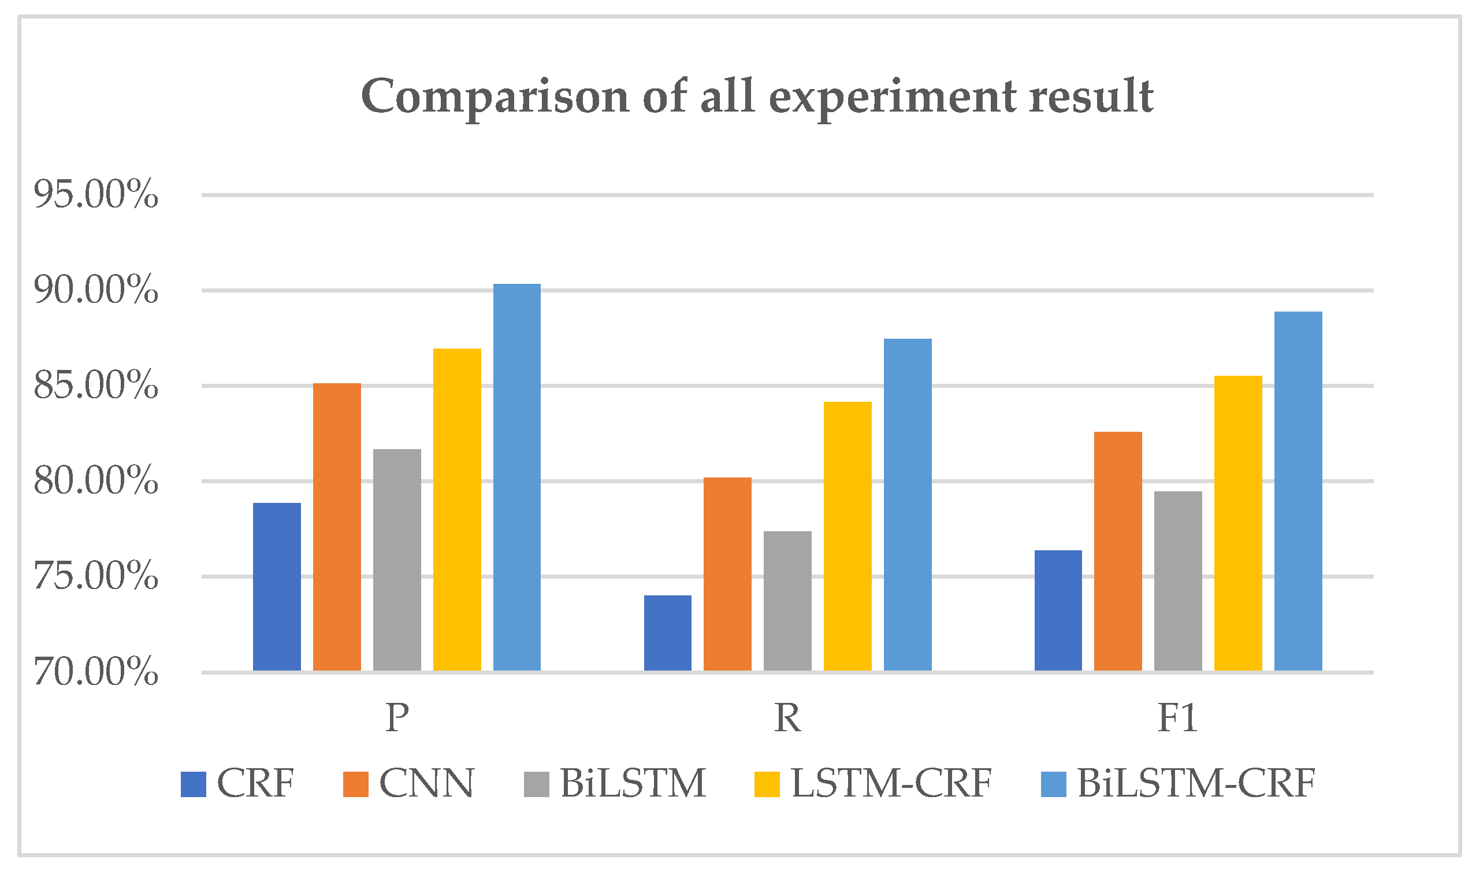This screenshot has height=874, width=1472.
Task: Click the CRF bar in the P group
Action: [x=277, y=587]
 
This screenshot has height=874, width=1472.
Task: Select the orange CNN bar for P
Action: [x=337, y=527]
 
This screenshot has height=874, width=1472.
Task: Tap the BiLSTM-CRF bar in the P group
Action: [x=516, y=477]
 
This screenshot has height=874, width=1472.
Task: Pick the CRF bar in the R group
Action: [x=667, y=633]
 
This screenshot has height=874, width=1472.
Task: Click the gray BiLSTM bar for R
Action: [x=787, y=601]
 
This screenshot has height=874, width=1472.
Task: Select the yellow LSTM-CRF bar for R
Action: [x=847, y=536]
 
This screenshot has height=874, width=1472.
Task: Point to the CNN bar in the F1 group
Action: [x=1118, y=551]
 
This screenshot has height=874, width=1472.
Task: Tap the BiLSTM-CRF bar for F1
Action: [x=1298, y=491]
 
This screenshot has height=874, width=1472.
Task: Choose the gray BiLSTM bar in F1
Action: [x=1179, y=581]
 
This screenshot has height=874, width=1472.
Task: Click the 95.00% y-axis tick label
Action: [x=96, y=194]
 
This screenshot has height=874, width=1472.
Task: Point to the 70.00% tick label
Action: [x=96, y=672]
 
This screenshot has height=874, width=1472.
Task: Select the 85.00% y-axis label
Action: [x=96, y=385]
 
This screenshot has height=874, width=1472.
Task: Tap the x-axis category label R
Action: [x=787, y=718]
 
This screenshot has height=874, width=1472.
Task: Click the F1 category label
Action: [x=1178, y=718]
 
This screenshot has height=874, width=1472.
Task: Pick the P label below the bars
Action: [x=397, y=718]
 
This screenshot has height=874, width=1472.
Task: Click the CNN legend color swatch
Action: [x=355, y=784]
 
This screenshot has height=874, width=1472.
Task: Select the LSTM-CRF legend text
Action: [x=891, y=784]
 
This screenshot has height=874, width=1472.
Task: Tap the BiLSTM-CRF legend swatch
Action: [x=1054, y=784]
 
